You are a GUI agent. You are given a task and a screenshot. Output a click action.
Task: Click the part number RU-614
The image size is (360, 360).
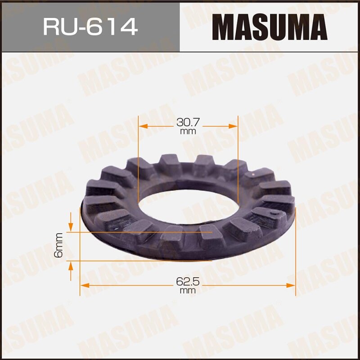coord(90,27)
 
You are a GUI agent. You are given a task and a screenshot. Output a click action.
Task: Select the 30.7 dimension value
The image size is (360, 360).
coord(188,122)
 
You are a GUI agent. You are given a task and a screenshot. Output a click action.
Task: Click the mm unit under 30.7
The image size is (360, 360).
coord(188,131)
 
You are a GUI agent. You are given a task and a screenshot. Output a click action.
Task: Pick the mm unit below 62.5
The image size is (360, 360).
coord(188,291)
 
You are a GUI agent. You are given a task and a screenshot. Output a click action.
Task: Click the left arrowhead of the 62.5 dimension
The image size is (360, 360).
coord(84,285)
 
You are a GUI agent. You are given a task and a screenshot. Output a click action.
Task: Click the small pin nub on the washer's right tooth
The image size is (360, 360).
coord(272,210)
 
